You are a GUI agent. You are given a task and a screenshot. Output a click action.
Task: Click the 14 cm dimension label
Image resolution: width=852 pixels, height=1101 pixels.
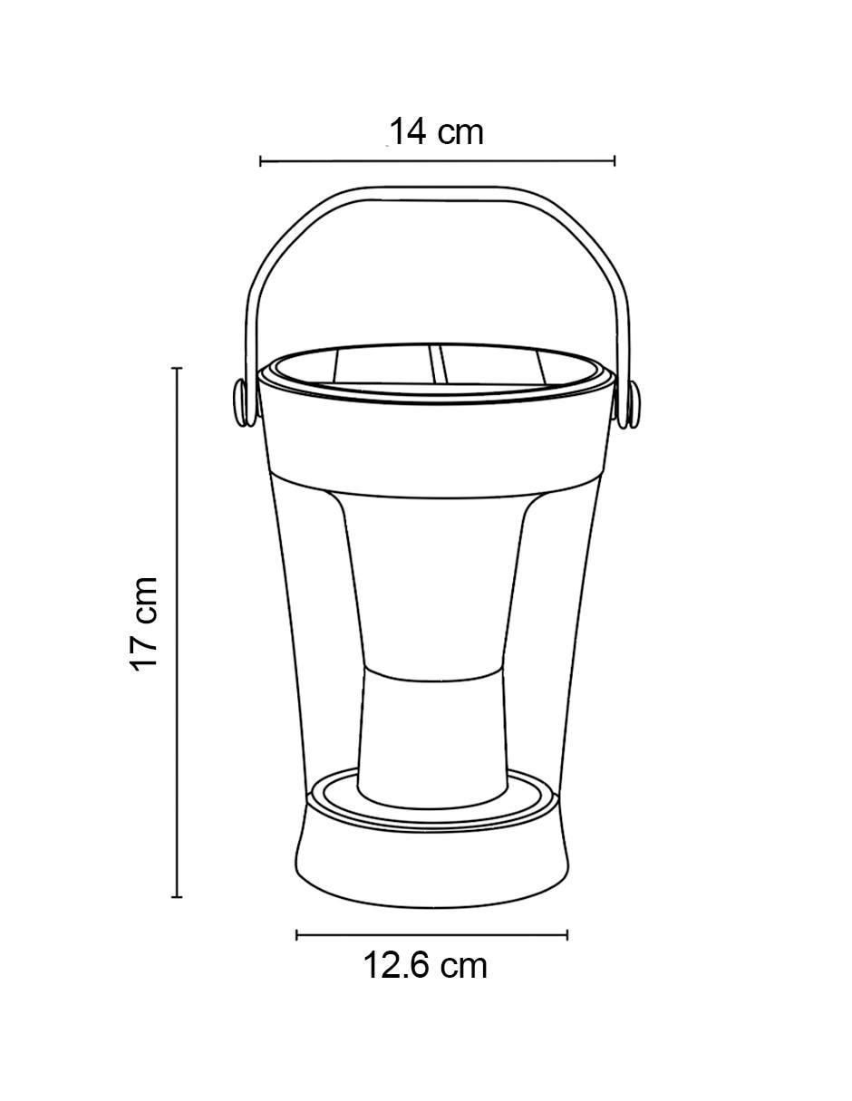[x=436, y=132]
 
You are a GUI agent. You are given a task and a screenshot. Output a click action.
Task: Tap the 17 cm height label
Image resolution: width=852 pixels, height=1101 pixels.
[x=144, y=624]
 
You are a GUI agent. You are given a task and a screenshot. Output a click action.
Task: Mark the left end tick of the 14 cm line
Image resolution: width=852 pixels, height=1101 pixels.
[x=260, y=161]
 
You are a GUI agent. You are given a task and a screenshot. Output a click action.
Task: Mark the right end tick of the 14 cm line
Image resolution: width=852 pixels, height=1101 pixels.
[x=615, y=161]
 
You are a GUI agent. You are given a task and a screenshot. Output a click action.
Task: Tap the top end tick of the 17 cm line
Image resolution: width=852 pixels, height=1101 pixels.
[x=176, y=368]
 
